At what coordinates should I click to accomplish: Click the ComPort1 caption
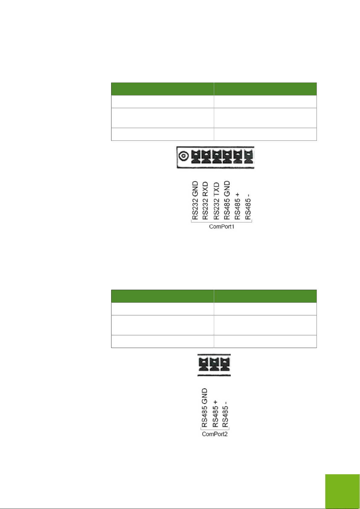pos(222,226)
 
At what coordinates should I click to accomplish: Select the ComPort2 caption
pos(214,434)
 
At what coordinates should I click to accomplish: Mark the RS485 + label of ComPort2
pos(215,414)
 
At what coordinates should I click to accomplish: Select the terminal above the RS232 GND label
pos(195,157)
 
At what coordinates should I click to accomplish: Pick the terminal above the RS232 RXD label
pos(206,157)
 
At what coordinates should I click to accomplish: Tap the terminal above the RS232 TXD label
pos(217,157)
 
